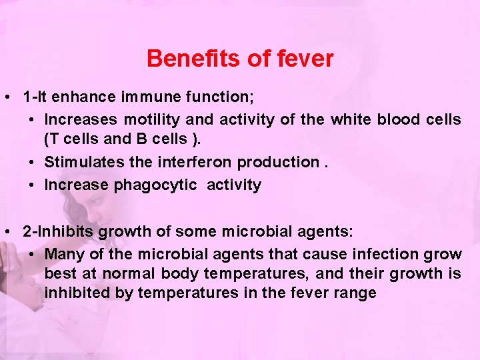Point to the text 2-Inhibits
tap(59, 232)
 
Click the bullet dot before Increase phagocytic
tap(32, 185)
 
